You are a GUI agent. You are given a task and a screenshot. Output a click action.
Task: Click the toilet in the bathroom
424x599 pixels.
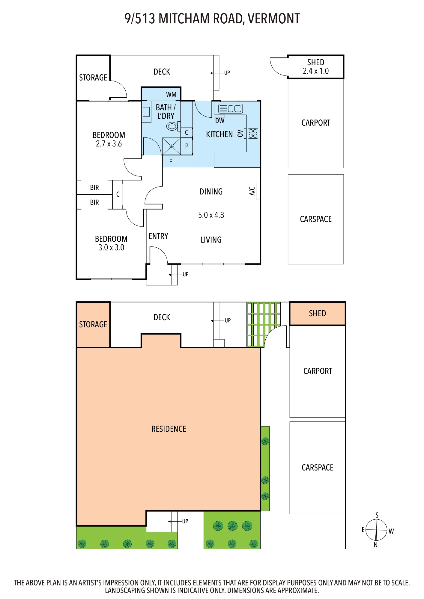point(173,126)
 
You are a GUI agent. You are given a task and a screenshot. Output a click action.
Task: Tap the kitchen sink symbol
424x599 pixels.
point(230,108)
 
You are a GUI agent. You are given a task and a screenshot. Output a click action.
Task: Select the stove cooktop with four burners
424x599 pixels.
point(253,133)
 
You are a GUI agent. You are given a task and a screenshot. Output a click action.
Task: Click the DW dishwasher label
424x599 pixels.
point(220,121)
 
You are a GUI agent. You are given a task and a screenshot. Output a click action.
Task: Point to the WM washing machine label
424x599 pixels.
point(171,94)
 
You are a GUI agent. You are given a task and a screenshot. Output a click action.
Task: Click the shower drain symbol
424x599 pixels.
point(172,146)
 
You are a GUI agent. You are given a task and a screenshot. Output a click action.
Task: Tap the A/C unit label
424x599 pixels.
point(252,191)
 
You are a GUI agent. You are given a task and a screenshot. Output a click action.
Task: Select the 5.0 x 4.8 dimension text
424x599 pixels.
point(211,215)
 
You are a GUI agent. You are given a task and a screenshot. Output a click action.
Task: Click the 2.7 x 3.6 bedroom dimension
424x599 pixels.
point(109,144)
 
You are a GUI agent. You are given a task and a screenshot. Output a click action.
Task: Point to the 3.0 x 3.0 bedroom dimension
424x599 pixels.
point(111,247)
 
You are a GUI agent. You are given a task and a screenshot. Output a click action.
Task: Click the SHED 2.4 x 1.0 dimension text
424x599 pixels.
point(316,71)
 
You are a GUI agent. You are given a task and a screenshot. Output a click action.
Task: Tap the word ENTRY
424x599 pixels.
point(158,236)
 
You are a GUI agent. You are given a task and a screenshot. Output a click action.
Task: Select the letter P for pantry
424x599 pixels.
point(187,146)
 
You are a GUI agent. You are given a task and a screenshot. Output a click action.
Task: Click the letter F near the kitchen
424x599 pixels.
point(171,162)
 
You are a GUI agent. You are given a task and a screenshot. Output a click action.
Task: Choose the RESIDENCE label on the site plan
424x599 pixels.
point(169,429)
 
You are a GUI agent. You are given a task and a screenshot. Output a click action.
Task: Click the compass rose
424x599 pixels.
point(377,530)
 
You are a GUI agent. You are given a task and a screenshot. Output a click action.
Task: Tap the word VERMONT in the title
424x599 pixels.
point(274,19)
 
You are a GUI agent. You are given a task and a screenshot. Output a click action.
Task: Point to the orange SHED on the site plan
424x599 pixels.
point(318,314)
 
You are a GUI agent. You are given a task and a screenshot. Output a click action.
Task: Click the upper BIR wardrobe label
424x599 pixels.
point(94,187)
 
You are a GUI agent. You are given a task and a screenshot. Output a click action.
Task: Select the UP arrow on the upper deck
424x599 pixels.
point(217,73)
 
